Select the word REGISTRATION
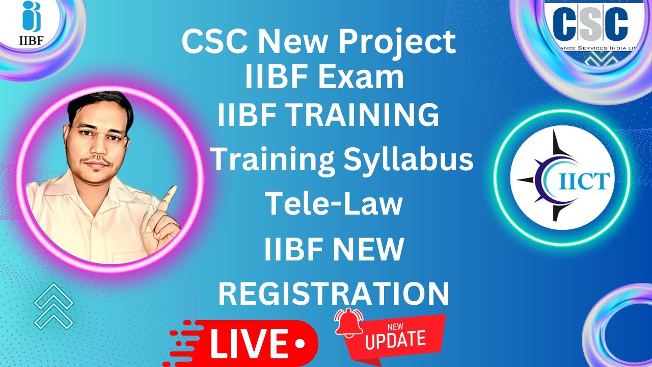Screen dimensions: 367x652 (334, 294)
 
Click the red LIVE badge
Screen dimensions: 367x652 (250, 340)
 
